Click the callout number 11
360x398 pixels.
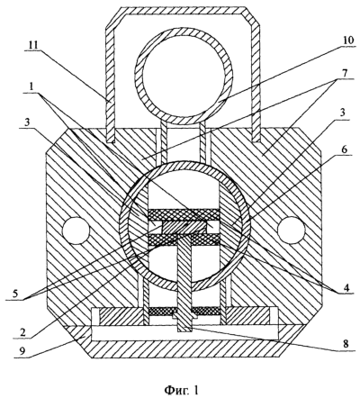tap(34, 45)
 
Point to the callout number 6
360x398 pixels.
tap(345, 150)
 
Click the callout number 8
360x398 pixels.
tap(346, 344)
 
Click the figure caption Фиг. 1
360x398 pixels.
tap(181, 390)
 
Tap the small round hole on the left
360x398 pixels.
tap(76, 231)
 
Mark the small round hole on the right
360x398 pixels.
tap(292, 231)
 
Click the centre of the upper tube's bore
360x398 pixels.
tap(184, 77)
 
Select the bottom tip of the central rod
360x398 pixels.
tap(184, 331)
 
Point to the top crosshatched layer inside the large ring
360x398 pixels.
tap(184, 215)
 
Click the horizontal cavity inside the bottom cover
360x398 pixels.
tap(185, 333)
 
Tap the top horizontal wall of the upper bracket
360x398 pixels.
tap(182, 11)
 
